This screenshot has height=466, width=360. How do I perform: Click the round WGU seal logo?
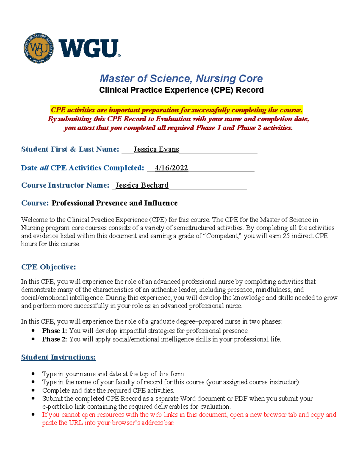click(x=39, y=48)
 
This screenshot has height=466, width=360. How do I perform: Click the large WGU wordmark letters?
click(x=89, y=49)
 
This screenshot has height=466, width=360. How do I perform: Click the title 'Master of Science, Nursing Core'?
click(x=181, y=79)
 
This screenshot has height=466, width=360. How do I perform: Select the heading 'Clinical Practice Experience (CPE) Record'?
click(x=181, y=90)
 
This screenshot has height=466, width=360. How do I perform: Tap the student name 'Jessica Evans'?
click(x=156, y=149)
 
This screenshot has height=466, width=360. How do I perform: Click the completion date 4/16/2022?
click(x=171, y=168)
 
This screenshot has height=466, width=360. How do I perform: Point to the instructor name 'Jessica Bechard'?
click(x=142, y=185)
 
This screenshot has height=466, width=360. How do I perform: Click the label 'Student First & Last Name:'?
click(x=70, y=149)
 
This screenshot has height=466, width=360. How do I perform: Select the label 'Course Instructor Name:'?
click(x=65, y=185)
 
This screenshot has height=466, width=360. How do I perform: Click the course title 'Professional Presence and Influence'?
click(x=115, y=203)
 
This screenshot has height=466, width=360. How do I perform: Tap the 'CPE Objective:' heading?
click(x=49, y=267)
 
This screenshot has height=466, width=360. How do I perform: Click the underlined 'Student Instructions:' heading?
click(x=58, y=357)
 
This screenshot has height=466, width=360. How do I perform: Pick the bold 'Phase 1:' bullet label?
click(x=55, y=331)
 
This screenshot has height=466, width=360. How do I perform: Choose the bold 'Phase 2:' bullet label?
click(x=55, y=339)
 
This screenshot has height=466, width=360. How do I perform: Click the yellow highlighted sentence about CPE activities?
click(x=177, y=110)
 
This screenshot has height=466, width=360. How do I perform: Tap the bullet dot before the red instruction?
click(x=33, y=415)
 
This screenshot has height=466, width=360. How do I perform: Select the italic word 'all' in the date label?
click(x=44, y=168)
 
